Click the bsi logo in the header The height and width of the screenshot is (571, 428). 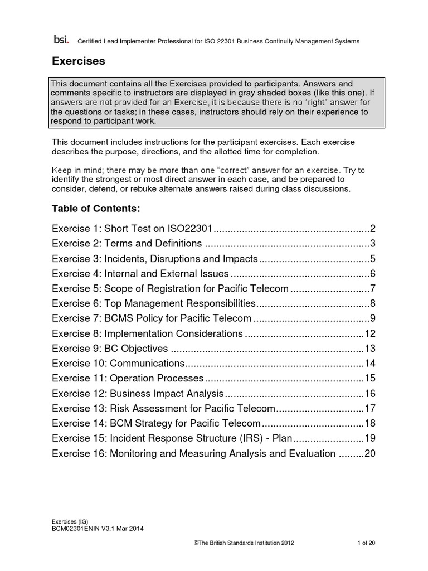(x=60, y=40)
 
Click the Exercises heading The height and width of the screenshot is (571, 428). (x=78, y=60)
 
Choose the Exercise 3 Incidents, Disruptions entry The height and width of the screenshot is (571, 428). (x=155, y=259)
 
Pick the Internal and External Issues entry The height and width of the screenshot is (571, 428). (x=140, y=274)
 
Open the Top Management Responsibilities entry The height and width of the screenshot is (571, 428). (x=153, y=304)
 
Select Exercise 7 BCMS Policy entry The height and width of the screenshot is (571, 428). (x=152, y=319)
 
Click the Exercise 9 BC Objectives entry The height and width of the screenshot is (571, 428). (x=110, y=349)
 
